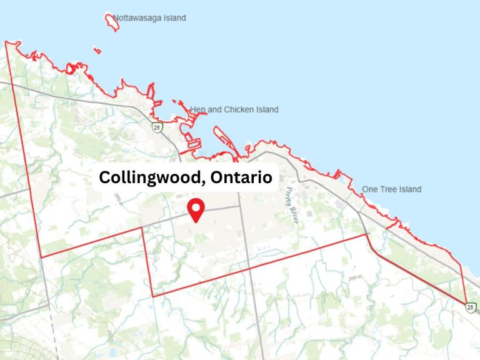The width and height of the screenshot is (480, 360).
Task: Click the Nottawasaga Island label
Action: point(149,18)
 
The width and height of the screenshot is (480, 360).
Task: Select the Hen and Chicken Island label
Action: point(234,110)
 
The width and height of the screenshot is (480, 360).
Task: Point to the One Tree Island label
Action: point(392,189)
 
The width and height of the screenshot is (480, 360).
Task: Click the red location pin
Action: point(197,210)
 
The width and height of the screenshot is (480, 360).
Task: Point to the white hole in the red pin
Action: point(197,207)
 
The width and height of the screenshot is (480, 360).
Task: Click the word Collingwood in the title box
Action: point(149,177)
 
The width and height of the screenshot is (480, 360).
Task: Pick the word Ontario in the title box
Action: point(241,177)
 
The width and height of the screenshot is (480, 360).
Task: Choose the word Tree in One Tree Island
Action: point(389,189)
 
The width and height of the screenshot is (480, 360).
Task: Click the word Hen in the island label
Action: point(197,110)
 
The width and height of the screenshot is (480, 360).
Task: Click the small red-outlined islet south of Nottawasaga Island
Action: point(96,49)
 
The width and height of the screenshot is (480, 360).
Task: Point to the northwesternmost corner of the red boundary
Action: point(6,42)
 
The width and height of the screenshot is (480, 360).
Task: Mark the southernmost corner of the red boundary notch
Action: point(152,296)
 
